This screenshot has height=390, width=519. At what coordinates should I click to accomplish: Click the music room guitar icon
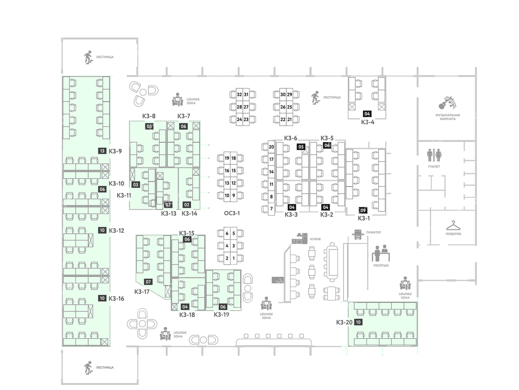point(448,103)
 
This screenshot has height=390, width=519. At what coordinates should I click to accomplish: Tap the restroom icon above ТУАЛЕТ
point(434,155)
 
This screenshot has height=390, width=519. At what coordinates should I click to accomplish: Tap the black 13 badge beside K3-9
point(102,151)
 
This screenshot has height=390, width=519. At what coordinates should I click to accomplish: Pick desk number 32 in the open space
point(240,94)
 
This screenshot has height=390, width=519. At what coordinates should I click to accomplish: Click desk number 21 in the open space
point(289,119)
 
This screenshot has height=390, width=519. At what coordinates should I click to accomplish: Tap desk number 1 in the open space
point(233,258)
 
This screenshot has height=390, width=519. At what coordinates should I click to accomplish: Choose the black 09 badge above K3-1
point(363,210)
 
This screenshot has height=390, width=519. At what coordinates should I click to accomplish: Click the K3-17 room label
point(142,292)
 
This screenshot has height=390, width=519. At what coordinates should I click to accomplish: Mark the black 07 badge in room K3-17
point(149,281)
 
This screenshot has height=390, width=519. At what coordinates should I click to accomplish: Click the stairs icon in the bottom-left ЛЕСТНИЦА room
point(88,366)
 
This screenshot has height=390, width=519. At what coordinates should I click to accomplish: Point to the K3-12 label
point(116,230)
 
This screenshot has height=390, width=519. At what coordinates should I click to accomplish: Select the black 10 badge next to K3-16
point(102,299)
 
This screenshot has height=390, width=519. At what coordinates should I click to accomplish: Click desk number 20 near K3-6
point(272,147)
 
